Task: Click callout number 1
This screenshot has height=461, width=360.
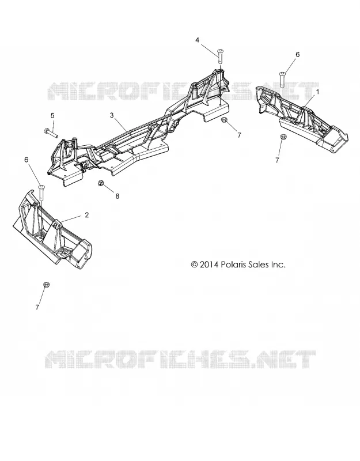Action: click(317, 92)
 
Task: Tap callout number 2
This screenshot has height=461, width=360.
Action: click(86, 215)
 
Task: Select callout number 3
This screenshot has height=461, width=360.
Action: click(112, 115)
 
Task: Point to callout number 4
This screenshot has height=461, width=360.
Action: click(197, 40)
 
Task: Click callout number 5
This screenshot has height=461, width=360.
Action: click(52, 115)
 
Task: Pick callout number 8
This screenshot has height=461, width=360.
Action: click(118, 196)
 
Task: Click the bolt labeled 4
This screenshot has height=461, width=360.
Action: click(221, 56)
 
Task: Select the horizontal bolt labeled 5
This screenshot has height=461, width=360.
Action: click(51, 133)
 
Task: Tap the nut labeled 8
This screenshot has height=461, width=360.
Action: click(100, 183)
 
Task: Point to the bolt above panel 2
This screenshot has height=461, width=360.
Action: click(41, 192)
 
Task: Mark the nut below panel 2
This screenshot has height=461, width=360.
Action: click(46, 284)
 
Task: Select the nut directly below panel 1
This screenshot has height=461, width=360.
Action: click(283, 137)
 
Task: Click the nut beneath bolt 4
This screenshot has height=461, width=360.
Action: click(223, 120)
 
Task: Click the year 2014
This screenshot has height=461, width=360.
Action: click(209, 264)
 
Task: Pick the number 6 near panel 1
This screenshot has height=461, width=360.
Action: click(297, 55)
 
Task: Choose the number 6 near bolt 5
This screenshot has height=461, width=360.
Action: click(26, 160)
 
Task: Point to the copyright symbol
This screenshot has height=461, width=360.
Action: click(194, 264)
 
